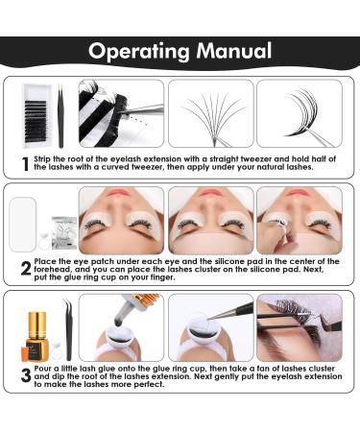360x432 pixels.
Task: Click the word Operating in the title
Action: click(139, 52)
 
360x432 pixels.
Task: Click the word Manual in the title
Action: click(234, 51)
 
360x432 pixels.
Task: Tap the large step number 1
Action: click(26, 164)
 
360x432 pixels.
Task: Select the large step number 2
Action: click(26, 268)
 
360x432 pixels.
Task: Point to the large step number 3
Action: click(26, 375)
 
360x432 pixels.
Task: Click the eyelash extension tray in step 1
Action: click(36, 116)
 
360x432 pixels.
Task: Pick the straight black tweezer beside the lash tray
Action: click(60, 116)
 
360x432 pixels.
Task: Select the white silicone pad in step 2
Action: click(22, 224)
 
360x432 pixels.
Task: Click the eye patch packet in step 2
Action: click(64, 232)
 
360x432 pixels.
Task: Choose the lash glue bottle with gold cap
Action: click(36, 336)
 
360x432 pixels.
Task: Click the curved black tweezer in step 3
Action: click(68, 329)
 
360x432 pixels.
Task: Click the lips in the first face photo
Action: click(120, 192)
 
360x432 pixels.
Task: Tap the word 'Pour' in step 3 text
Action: click(42, 369)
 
